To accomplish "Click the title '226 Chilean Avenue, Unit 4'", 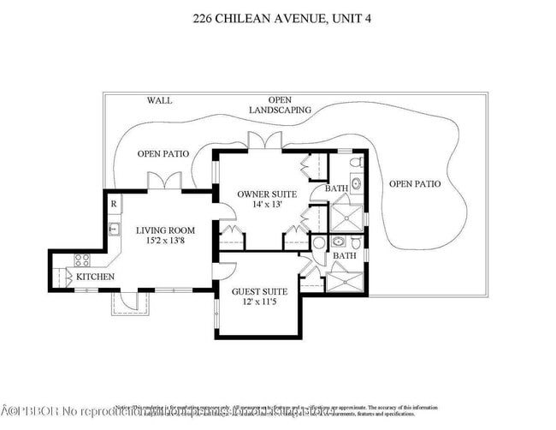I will coord(277,17).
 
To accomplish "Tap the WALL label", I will coord(158,100).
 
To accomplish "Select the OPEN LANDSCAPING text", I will coord(280,105).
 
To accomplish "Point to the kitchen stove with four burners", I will coord(83,260).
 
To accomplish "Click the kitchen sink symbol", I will coord(113,229).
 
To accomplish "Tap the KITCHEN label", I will coord(96,278).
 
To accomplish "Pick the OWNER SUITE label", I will coord(267,194).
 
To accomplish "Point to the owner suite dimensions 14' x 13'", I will coord(268,206).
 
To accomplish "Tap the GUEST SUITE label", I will coord(260,292).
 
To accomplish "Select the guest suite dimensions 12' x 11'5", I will coord(260,303).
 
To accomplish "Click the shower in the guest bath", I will coord(345,279).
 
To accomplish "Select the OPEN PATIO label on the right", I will coord(415,184).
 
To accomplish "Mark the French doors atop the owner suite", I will coord(260,141).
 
